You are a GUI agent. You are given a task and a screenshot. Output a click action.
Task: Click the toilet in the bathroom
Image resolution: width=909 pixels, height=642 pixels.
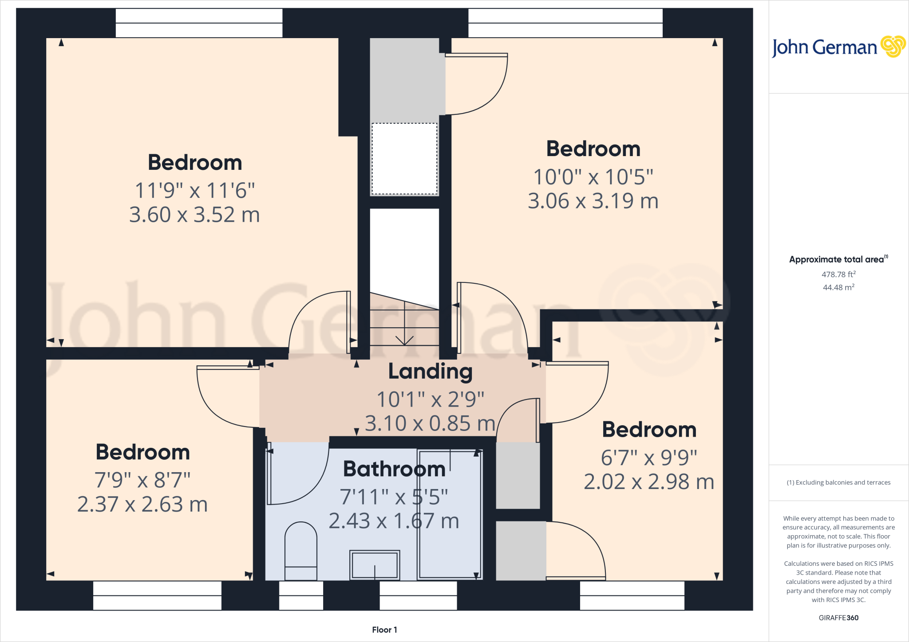click(x=300, y=551)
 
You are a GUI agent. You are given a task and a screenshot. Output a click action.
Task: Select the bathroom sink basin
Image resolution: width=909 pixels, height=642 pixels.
click(x=375, y=565)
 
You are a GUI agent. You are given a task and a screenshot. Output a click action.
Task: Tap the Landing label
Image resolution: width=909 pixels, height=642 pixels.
click(x=430, y=372)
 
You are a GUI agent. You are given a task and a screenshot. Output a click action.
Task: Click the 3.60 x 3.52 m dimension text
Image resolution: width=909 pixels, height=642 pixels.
click(x=194, y=215)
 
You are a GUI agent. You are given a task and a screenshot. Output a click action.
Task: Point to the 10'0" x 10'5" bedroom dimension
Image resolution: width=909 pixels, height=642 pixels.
click(x=593, y=177)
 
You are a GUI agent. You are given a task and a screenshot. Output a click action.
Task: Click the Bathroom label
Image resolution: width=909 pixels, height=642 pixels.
click(x=394, y=469)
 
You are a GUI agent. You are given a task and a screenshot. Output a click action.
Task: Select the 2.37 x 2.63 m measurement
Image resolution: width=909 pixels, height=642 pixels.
click(x=142, y=505)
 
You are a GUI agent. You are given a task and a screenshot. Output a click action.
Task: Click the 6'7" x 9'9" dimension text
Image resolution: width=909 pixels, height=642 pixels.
click(x=649, y=458)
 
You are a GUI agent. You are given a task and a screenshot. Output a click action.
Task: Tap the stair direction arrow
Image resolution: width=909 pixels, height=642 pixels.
click(x=404, y=339)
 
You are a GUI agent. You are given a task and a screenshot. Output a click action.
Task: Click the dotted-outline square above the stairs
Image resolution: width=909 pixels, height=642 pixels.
click(x=404, y=159)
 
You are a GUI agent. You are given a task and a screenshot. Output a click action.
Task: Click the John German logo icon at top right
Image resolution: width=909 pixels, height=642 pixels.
click(x=893, y=47)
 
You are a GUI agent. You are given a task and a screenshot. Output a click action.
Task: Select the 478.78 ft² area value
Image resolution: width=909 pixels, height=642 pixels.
click(x=838, y=274)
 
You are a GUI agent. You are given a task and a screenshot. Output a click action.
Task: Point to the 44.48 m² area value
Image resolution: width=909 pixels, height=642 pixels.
click(x=838, y=287)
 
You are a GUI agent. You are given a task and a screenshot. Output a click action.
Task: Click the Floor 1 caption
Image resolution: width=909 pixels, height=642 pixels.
click(x=384, y=630)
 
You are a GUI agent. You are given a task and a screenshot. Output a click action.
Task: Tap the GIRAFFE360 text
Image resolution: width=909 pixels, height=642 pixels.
click(x=838, y=618)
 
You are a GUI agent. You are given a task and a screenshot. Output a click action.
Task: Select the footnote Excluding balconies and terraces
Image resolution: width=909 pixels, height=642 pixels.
click(x=838, y=482)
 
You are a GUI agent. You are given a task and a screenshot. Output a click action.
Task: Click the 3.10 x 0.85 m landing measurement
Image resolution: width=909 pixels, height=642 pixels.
click(x=430, y=424)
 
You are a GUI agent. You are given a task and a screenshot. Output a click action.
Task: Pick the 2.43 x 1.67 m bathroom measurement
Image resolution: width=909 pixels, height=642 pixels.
click(x=394, y=521)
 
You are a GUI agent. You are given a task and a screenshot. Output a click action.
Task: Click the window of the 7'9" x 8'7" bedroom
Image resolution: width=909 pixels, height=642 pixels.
click(x=157, y=595)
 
